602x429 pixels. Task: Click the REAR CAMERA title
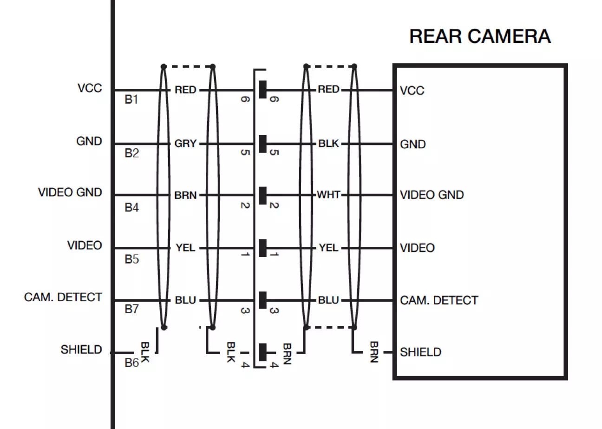point(480,36)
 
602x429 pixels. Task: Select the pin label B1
point(131,100)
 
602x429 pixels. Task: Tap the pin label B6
point(131,363)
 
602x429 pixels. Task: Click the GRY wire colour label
point(185,144)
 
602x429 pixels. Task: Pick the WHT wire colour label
point(328,194)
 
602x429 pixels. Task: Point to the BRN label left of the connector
point(185,196)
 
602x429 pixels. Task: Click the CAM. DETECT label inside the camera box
point(439,300)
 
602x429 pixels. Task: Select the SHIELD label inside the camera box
point(420,352)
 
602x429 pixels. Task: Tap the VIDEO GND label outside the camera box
point(70,192)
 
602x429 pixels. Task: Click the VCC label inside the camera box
point(412,91)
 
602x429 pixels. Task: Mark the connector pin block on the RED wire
point(262,89)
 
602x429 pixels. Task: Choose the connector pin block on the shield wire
point(262,352)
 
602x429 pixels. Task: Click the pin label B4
point(131,207)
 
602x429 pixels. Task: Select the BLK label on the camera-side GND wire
point(328,144)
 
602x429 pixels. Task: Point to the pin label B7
point(131,309)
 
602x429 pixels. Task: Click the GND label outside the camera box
point(89,141)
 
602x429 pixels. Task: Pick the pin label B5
point(131,259)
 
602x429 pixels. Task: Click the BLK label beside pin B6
point(145,353)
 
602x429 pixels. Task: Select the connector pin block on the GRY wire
point(262,144)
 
